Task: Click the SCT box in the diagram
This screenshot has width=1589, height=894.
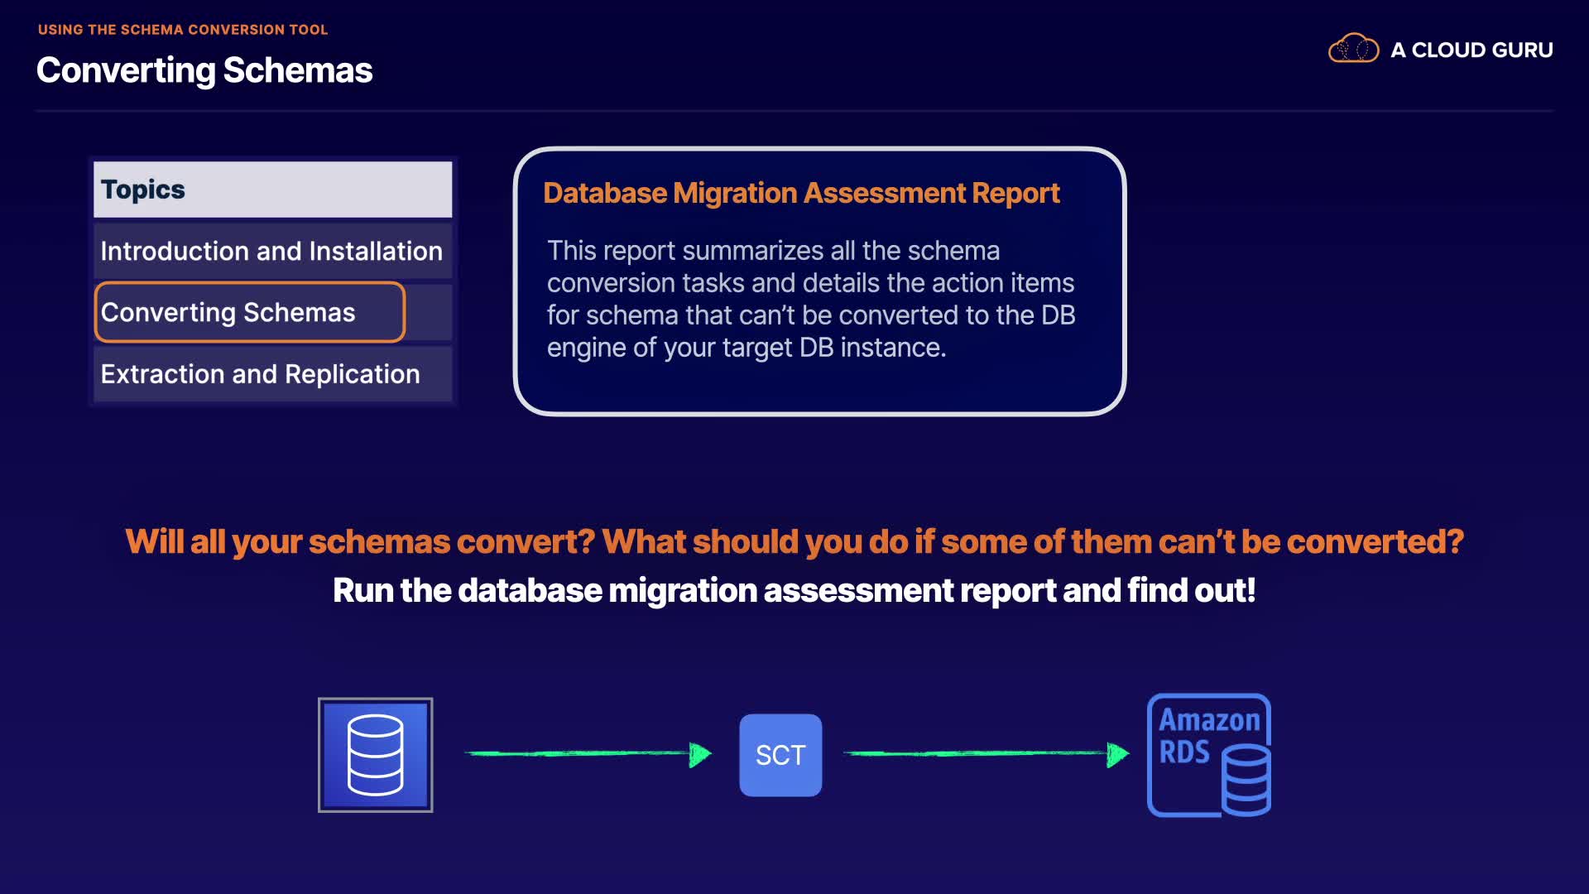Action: [x=780, y=755]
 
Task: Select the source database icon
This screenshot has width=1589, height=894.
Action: [x=376, y=755]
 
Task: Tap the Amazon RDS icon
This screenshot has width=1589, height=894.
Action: [x=1209, y=755]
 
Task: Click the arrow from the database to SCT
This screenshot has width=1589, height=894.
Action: [x=588, y=753]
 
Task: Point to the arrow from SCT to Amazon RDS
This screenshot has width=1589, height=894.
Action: [x=986, y=753]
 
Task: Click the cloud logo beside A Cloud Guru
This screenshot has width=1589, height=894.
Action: [x=1353, y=49]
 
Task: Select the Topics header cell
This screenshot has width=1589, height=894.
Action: [x=273, y=190]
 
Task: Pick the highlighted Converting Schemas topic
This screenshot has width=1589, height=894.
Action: [x=250, y=312]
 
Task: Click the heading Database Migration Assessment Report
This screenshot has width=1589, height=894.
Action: [x=801, y=193]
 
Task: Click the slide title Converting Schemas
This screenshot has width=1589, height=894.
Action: [x=204, y=70]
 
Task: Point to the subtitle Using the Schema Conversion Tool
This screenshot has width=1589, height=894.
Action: [x=183, y=30]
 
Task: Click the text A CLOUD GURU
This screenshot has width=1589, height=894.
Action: [x=1471, y=50]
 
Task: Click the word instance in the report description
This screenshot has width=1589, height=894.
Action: [x=893, y=348]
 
